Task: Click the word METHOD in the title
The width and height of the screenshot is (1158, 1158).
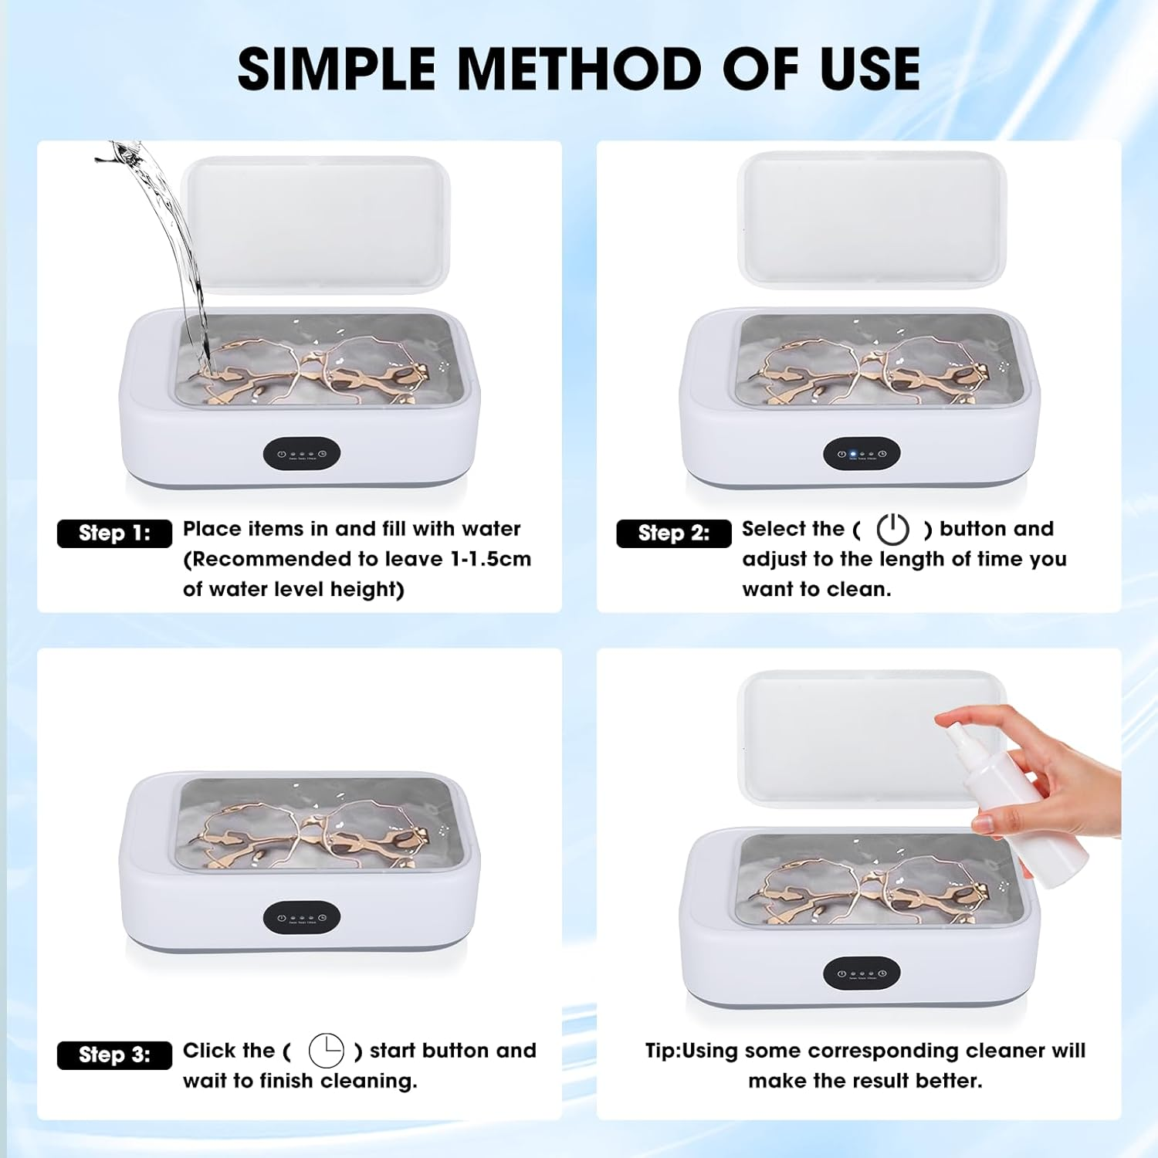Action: pyautogui.click(x=579, y=69)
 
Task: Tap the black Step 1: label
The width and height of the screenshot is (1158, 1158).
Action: pyautogui.click(x=114, y=533)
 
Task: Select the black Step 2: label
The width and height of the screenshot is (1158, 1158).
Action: pyautogui.click(x=673, y=533)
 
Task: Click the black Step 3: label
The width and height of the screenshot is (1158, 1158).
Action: pyautogui.click(x=114, y=1055)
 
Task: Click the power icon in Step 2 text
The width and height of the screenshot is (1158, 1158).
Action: pyautogui.click(x=892, y=530)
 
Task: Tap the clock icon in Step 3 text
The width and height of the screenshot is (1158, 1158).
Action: pyautogui.click(x=326, y=1051)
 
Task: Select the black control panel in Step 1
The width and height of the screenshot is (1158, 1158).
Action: pyautogui.click(x=301, y=455)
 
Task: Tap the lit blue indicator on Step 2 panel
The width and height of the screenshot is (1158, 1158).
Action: pyautogui.click(x=852, y=455)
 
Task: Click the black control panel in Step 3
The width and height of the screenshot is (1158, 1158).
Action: pyautogui.click(x=301, y=917)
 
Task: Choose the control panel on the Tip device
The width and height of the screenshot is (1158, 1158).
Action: pyautogui.click(x=861, y=973)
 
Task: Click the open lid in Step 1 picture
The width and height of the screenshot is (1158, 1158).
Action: pyautogui.click(x=317, y=224)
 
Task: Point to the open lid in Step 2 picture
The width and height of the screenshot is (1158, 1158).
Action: pyautogui.click(x=872, y=220)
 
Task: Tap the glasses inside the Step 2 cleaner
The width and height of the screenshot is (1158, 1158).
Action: pyautogui.click(x=872, y=367)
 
